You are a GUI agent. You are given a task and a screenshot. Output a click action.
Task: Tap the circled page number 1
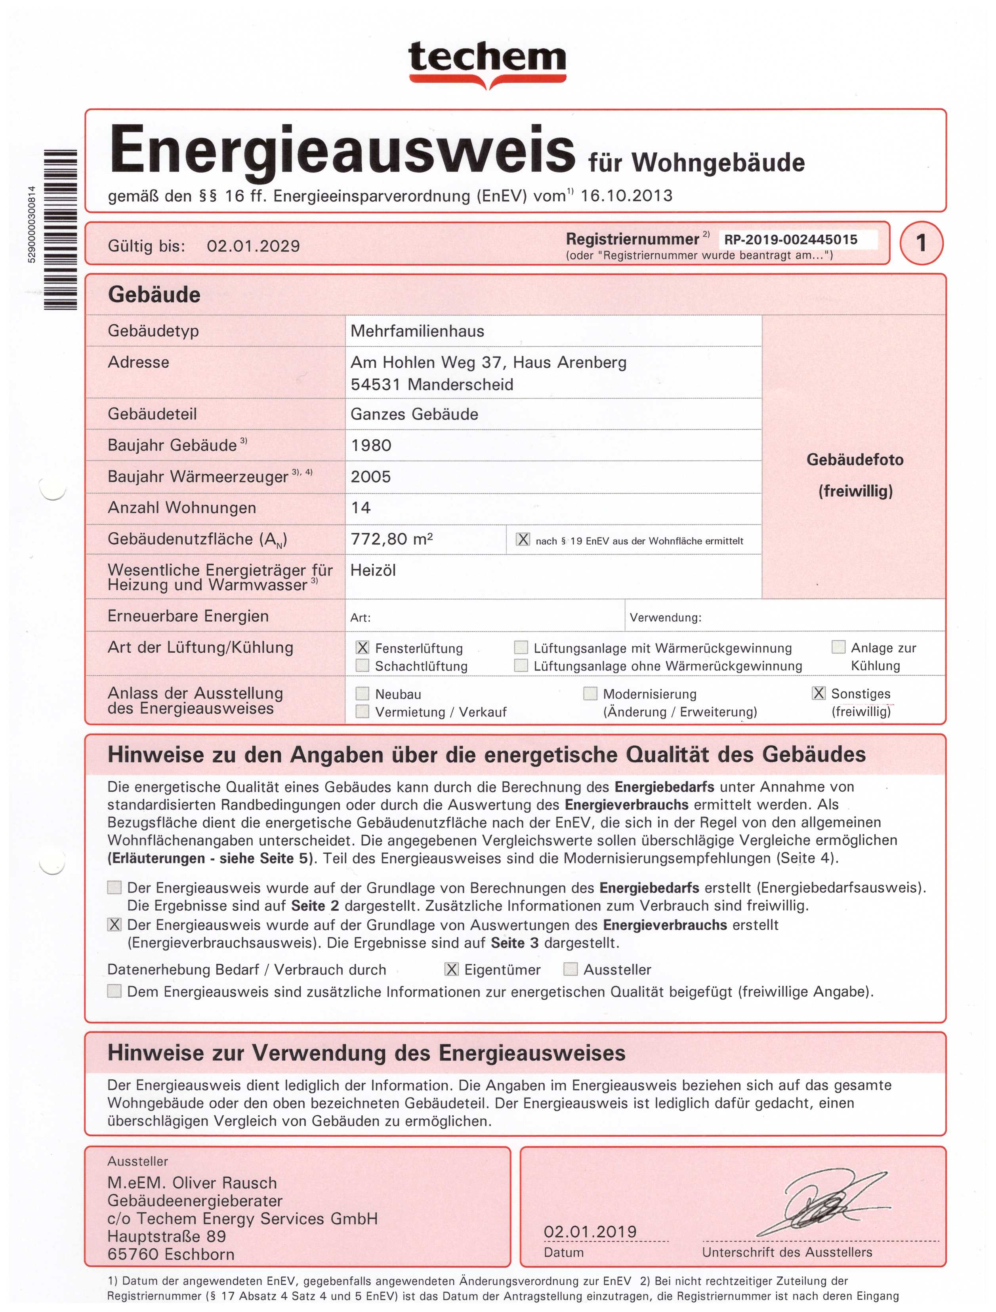[921, 243]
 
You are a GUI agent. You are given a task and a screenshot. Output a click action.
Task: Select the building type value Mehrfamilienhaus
[417, 331]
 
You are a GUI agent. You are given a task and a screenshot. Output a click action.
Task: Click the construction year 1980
[371, 445]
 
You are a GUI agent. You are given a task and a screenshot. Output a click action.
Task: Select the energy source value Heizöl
[373, 571]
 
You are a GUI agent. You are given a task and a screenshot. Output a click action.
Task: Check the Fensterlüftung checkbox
[362, 648]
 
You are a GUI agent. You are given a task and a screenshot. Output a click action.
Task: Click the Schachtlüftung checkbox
[362, 665]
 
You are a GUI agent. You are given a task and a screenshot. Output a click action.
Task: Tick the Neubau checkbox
[362, 693]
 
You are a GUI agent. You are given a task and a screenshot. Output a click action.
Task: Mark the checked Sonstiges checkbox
[818, 693]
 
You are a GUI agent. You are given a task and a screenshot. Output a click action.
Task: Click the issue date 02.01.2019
[590, 1232]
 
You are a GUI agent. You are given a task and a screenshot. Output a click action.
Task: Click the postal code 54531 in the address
[375, 384]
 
